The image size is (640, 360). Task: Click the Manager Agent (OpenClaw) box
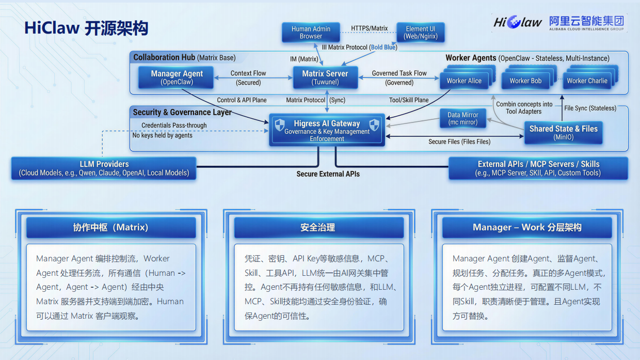tap(177, 77)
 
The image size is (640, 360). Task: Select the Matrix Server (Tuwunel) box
tap(325, 77)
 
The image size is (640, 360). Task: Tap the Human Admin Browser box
tap(311, 33)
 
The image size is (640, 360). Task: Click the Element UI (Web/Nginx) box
tap(420, 33)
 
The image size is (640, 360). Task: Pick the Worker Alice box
tap(464, 81)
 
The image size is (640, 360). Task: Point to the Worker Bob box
tap(525, 81)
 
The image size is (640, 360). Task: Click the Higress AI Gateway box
tap(327, 130)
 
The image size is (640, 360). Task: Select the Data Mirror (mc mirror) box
tap(462, 119)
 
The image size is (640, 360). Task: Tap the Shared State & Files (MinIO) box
tap(563, 132)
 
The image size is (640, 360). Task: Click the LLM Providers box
tap(104, 168)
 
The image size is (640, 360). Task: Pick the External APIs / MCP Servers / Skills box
tap(538, 168)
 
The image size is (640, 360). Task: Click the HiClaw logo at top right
tap(517, 22)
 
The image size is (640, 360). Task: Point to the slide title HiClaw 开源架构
tap(86, 28)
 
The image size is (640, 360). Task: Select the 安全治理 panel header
tap(318, 227)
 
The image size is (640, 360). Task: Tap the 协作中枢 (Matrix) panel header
tap(110, 227)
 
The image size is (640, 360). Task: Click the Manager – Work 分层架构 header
tap(526, 227)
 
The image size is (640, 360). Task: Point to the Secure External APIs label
tap(328, 174)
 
